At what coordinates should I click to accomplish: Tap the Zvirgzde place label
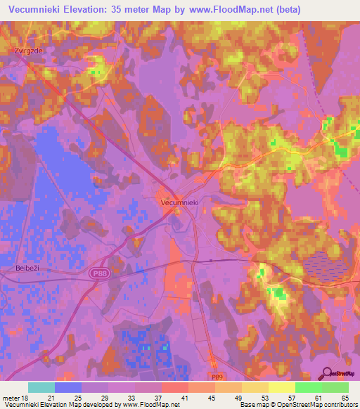click(x=28, y=51)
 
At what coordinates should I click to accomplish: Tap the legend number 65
click(x=344, y=398)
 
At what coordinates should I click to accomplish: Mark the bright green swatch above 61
click(x=309, y=387)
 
